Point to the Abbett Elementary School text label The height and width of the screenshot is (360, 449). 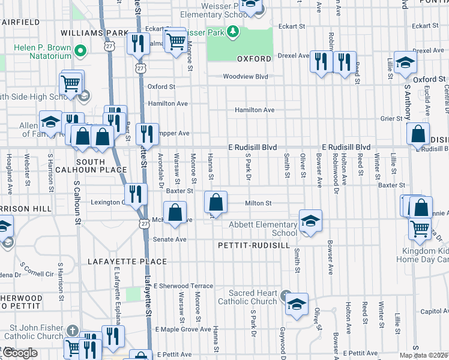coord(263,229)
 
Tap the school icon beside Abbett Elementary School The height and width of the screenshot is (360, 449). coord(310,221)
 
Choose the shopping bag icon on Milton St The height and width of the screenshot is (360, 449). coord(215,202)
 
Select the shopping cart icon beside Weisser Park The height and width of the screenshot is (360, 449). coord(175,41)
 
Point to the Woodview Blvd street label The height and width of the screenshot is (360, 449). coord(245,77)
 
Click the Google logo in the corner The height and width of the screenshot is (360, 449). coord(20,353)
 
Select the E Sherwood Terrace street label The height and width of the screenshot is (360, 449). coord(183,286)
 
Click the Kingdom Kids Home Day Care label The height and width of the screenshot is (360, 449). coord(422,254)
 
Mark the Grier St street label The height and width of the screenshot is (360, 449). coord(391,119)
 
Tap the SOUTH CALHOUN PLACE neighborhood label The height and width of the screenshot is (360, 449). coord(101,166)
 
